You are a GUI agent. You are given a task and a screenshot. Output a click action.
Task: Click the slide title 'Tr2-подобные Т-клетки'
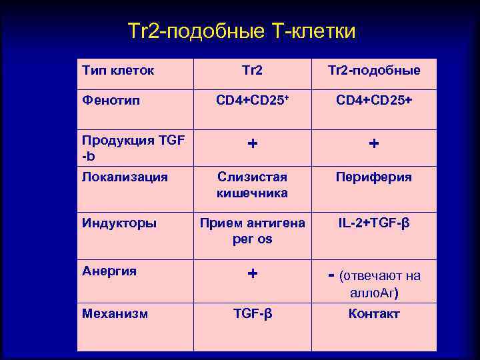241,31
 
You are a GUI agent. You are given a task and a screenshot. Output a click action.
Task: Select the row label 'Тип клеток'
118,70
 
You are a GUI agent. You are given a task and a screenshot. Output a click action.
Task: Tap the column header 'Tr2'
253,71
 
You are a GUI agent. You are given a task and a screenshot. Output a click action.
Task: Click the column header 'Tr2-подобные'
378,71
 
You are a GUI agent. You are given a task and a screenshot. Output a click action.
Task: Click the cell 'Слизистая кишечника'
253,185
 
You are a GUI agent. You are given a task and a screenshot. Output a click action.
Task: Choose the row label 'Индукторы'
119,223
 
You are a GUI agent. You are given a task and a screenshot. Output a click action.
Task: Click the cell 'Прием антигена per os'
253,231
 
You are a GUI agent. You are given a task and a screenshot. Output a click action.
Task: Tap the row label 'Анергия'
109,271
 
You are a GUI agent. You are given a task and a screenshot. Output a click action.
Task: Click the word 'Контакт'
374,314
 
